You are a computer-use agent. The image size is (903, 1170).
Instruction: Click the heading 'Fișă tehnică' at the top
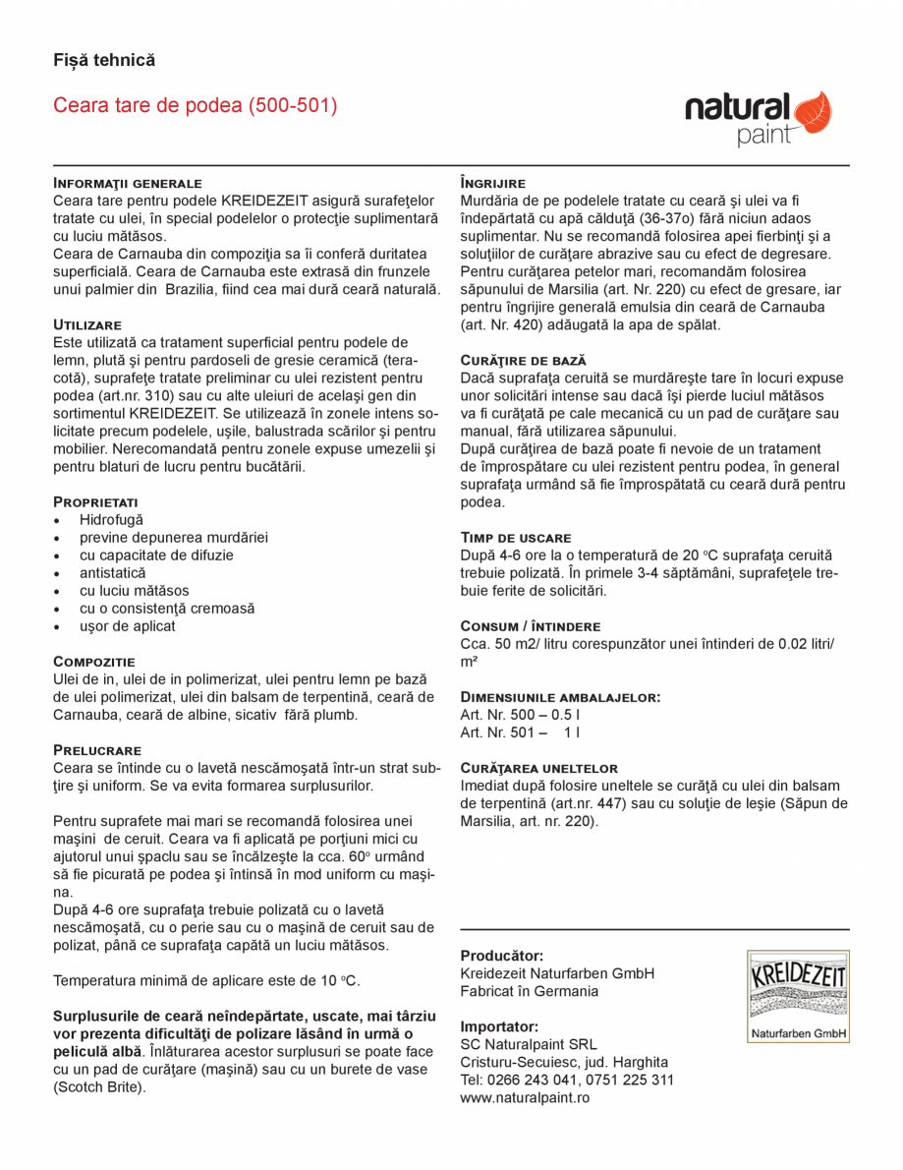coord(104,60)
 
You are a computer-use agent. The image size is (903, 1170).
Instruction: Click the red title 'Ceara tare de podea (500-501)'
coord(196,105)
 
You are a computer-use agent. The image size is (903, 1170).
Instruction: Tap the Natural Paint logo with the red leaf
coord(758,118)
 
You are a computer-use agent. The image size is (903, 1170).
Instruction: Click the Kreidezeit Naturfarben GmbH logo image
coord(797,996)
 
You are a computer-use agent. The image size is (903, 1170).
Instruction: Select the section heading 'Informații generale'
coord(128,183)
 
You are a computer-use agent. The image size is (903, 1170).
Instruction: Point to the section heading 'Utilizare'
coord(87,324)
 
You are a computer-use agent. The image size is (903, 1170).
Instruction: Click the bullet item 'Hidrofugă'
coord(111,519)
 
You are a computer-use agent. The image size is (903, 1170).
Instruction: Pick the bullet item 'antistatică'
coord(113,572)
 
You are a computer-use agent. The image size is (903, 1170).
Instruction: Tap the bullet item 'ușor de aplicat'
coord(128,626)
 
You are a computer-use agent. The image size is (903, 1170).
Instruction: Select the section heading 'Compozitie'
coord(94,662)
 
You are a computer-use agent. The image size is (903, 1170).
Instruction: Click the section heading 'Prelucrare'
coord(97,750)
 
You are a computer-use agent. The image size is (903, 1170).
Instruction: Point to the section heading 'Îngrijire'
coord(493,183)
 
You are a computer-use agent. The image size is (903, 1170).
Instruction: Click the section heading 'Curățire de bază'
coord(524,360)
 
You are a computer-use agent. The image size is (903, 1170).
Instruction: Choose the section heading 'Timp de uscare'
coord(516,538)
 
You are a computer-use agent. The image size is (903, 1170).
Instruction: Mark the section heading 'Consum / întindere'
coord(531,626)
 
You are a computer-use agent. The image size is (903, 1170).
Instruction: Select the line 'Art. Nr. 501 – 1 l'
coord(520,732)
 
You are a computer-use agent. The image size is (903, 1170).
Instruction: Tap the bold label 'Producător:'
coord(502,956)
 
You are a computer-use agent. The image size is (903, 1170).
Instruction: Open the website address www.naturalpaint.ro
coord(525,1097)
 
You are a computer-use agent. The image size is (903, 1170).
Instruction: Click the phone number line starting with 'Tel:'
coord(567,1080)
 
